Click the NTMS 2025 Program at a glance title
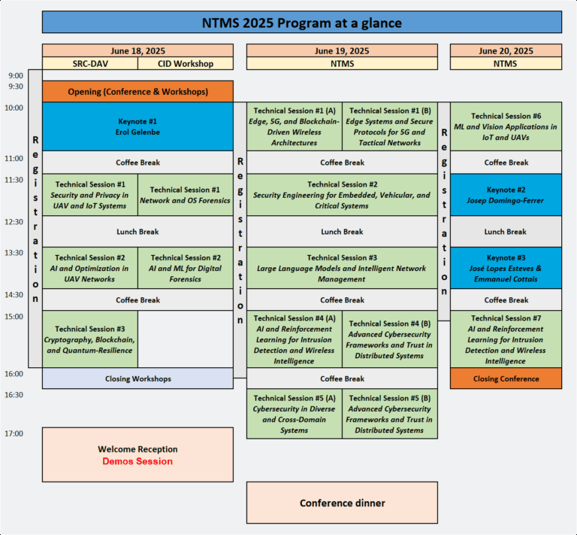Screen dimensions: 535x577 pyautogui.click(x=301, y=23)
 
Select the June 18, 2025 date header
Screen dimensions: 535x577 pyautogui.click(x=137, y=51)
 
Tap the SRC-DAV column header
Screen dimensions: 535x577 pyautogui.click(x=90, y=64)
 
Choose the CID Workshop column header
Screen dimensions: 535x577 pyautogui.click(x=186, y=64)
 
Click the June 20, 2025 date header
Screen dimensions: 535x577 pyautogui.click(x=506, y=51)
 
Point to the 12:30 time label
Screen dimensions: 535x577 pyautogui.click(x=15, y=222)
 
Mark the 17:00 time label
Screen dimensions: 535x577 pyautogui.click(x=15, y=433)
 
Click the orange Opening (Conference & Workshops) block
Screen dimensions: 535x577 pyautogui.click(x=137, y=92)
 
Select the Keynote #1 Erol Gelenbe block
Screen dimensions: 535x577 pyautogui.click(x=137, y=126)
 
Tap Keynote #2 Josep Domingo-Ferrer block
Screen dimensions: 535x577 pyautogui.click(x=506, y=195)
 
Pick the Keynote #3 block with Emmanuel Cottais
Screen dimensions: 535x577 pyautogui.click(x=506, y=268)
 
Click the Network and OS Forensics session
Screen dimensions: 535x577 pyautogui.click(x=186, y=195)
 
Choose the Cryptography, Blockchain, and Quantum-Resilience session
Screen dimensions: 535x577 pyautogui.click(x=90, y=339)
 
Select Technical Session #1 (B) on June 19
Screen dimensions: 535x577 pyautogui.click(x=390, y=126)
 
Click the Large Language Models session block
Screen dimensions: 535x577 pyautogui.click(x=342, y=268)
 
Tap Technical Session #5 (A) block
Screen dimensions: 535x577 pyautogui.click(x=294, y=414)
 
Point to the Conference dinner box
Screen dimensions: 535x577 pyautogui.click(x=342, y=503)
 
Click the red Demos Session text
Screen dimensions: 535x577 pyautogui.click(x=137, y=461)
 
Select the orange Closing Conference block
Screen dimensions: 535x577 pyautogui.click(x=506, y=378)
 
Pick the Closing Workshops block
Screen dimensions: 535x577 pyautogui.click(x=137, y=378)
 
